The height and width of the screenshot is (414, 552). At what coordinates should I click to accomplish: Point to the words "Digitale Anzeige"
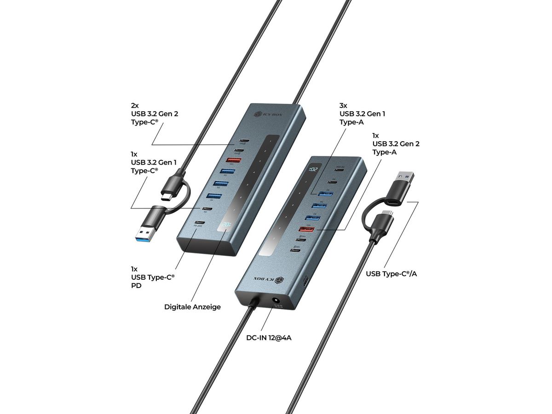pyautogui.click(x=192, y=306)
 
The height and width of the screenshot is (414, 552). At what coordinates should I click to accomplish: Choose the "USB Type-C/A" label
pyautogui.click(x=394, y=274)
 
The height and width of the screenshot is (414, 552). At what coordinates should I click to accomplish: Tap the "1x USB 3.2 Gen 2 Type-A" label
pyautogui.click(x=396, y=144)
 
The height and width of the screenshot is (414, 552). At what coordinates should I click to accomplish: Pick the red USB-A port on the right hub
pyautogui.click(x=307, y=229)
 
